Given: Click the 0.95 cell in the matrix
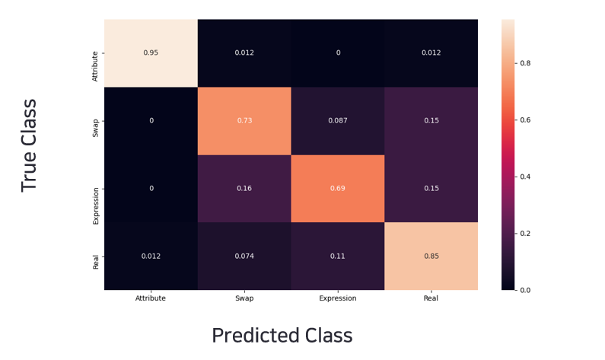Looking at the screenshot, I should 151,53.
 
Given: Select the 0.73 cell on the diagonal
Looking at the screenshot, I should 244,120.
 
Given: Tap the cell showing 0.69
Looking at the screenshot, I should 338,188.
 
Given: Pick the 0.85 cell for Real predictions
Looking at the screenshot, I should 431,256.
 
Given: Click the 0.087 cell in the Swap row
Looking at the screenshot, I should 338,120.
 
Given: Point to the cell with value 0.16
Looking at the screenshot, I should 244,188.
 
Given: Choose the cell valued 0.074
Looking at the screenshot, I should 244,256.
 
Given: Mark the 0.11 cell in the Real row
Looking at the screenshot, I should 338,256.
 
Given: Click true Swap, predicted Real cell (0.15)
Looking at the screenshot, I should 431,120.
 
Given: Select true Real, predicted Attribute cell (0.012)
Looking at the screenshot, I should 151,256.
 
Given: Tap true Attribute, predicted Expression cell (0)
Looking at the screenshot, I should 338,53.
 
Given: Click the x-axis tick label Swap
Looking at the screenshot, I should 244,298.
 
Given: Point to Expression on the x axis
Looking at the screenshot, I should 338,298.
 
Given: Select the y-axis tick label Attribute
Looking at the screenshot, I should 95,65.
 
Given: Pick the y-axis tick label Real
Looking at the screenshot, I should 95,262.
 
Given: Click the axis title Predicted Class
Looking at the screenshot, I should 282,336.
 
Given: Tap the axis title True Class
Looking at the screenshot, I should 29,145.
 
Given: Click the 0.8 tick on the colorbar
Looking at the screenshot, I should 525,63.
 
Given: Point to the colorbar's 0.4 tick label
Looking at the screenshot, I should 525,177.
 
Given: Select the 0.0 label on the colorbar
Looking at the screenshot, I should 525,290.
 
